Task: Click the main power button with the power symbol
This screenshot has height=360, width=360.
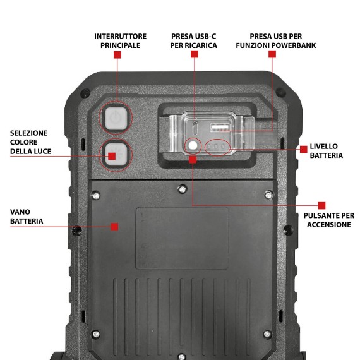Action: [x=116, y=118]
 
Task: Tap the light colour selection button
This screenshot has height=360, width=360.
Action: [x=116, y=155]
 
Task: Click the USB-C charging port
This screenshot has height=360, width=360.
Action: [x=195, y=126]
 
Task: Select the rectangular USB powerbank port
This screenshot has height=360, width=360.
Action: [x=220, y=128]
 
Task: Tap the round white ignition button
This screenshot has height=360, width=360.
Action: [x=193, y=145]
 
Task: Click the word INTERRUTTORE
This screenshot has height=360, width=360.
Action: [x=120, y=36]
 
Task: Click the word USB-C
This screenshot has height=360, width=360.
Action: [x=205, y=36]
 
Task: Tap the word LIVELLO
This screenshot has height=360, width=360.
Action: [x=324, y=147]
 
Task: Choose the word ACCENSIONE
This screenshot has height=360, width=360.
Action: [x=329, y=225]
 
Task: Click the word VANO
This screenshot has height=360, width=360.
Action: [x=20, y=212]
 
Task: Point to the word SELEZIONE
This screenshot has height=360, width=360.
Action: [x=29, y=133]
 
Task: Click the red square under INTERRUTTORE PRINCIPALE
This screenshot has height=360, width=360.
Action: [x=117, y=55]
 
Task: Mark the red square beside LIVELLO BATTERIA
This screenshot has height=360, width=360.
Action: [x=304, y=149]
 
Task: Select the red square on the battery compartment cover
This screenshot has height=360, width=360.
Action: [x=114, y=227]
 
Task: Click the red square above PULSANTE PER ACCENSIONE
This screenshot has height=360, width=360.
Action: [x=321, y=205]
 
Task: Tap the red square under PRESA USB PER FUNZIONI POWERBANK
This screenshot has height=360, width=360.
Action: [x=272, y=54]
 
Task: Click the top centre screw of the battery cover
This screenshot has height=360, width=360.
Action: [x=183, y=189]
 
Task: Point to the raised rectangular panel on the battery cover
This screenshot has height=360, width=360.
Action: [x=182, y=238]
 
